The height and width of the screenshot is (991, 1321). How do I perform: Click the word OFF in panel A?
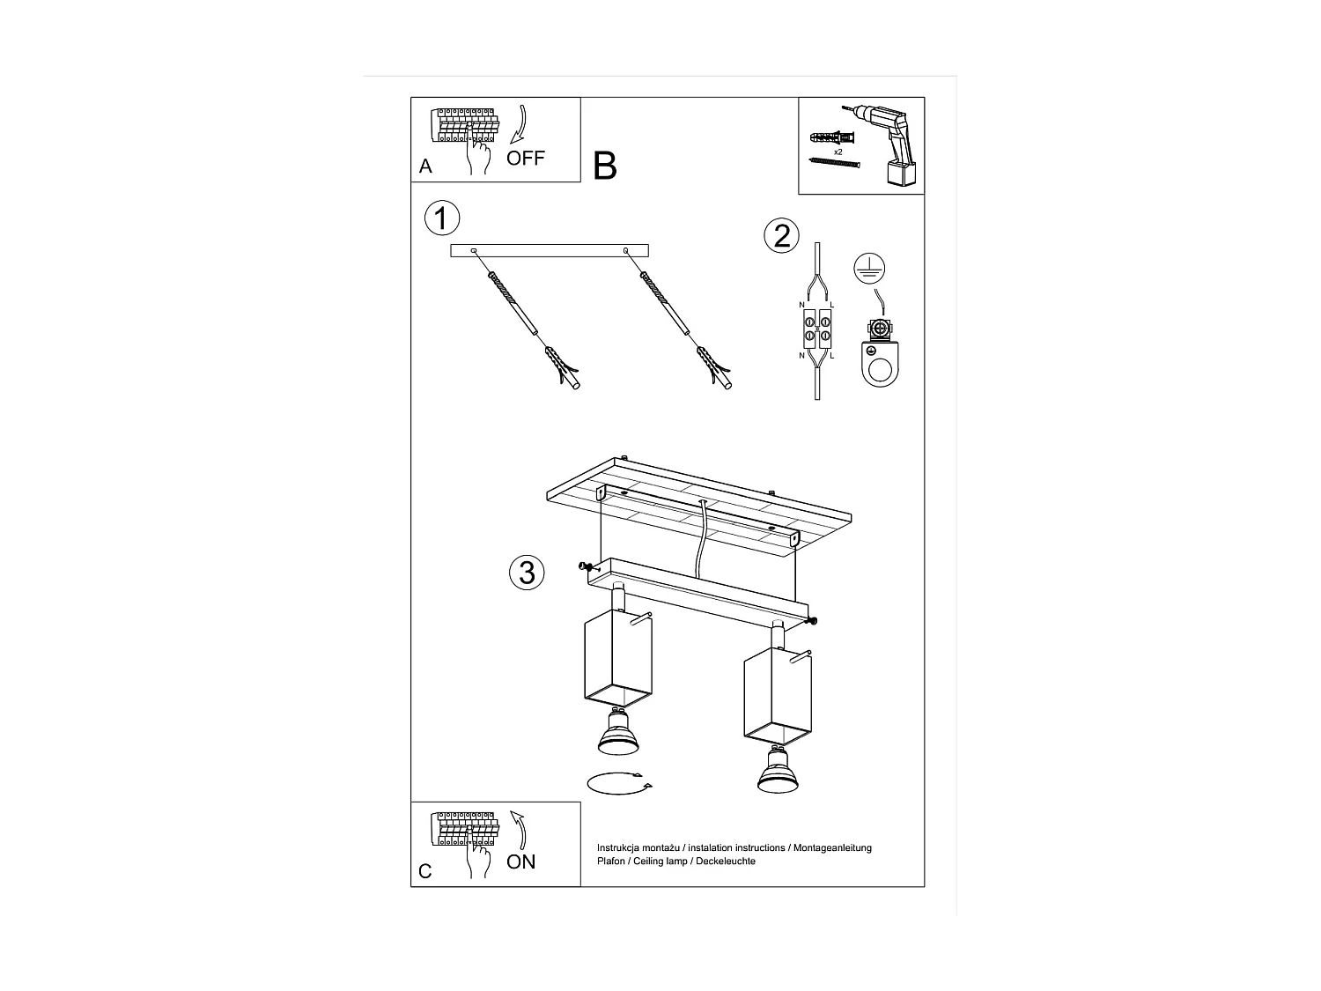point(526,159)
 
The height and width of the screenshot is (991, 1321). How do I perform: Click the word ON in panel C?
point(521,862)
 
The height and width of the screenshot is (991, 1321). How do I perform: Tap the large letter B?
point(605,166)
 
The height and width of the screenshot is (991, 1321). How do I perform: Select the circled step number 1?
point(441,218)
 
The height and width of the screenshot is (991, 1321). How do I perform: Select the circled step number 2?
point(781,236)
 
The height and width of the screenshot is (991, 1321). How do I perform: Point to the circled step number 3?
point(527,573)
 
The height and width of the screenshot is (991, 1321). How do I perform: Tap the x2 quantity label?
point(838,152)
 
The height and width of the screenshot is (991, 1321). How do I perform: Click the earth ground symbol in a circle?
point(870,269)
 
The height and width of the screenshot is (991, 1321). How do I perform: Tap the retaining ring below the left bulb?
point(618,783)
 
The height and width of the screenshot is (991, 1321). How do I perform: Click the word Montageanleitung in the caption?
point(832,847)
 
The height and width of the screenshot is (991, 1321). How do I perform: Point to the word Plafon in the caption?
point(611,861)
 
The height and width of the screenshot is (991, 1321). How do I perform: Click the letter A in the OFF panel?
point(426,166)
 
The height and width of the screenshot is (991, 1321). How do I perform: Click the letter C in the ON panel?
point(425,871)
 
